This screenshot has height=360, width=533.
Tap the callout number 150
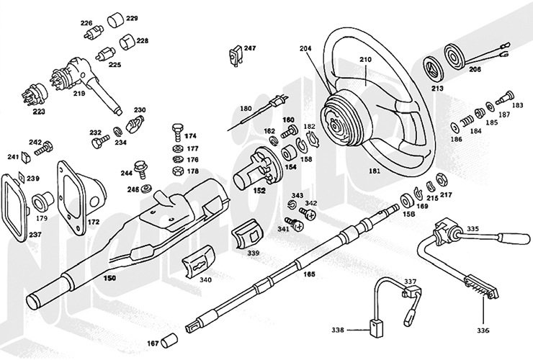[x=109, y=276]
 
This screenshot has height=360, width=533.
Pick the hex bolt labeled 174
[x=176, y=132]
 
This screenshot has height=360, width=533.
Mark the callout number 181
[x=375, y=171]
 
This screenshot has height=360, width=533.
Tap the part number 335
[x=472, y=228]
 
